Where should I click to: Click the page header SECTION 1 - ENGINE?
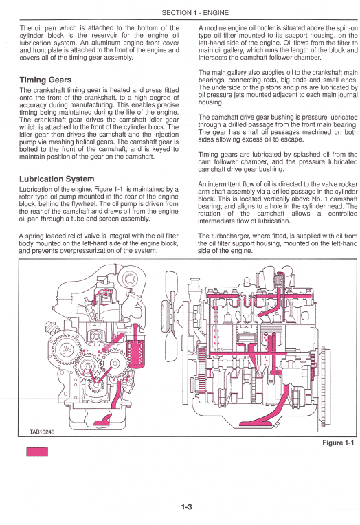[195, 13]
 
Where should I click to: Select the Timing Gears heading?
[45, 80]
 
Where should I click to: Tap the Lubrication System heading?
[56, 179]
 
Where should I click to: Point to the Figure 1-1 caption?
[338, 443]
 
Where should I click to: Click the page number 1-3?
[187, 507]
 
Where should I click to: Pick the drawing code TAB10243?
[42, 432]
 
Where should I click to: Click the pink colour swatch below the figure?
[37, 451]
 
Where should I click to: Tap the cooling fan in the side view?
[172, 316]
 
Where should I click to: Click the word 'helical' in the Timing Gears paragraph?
[87, 142]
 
